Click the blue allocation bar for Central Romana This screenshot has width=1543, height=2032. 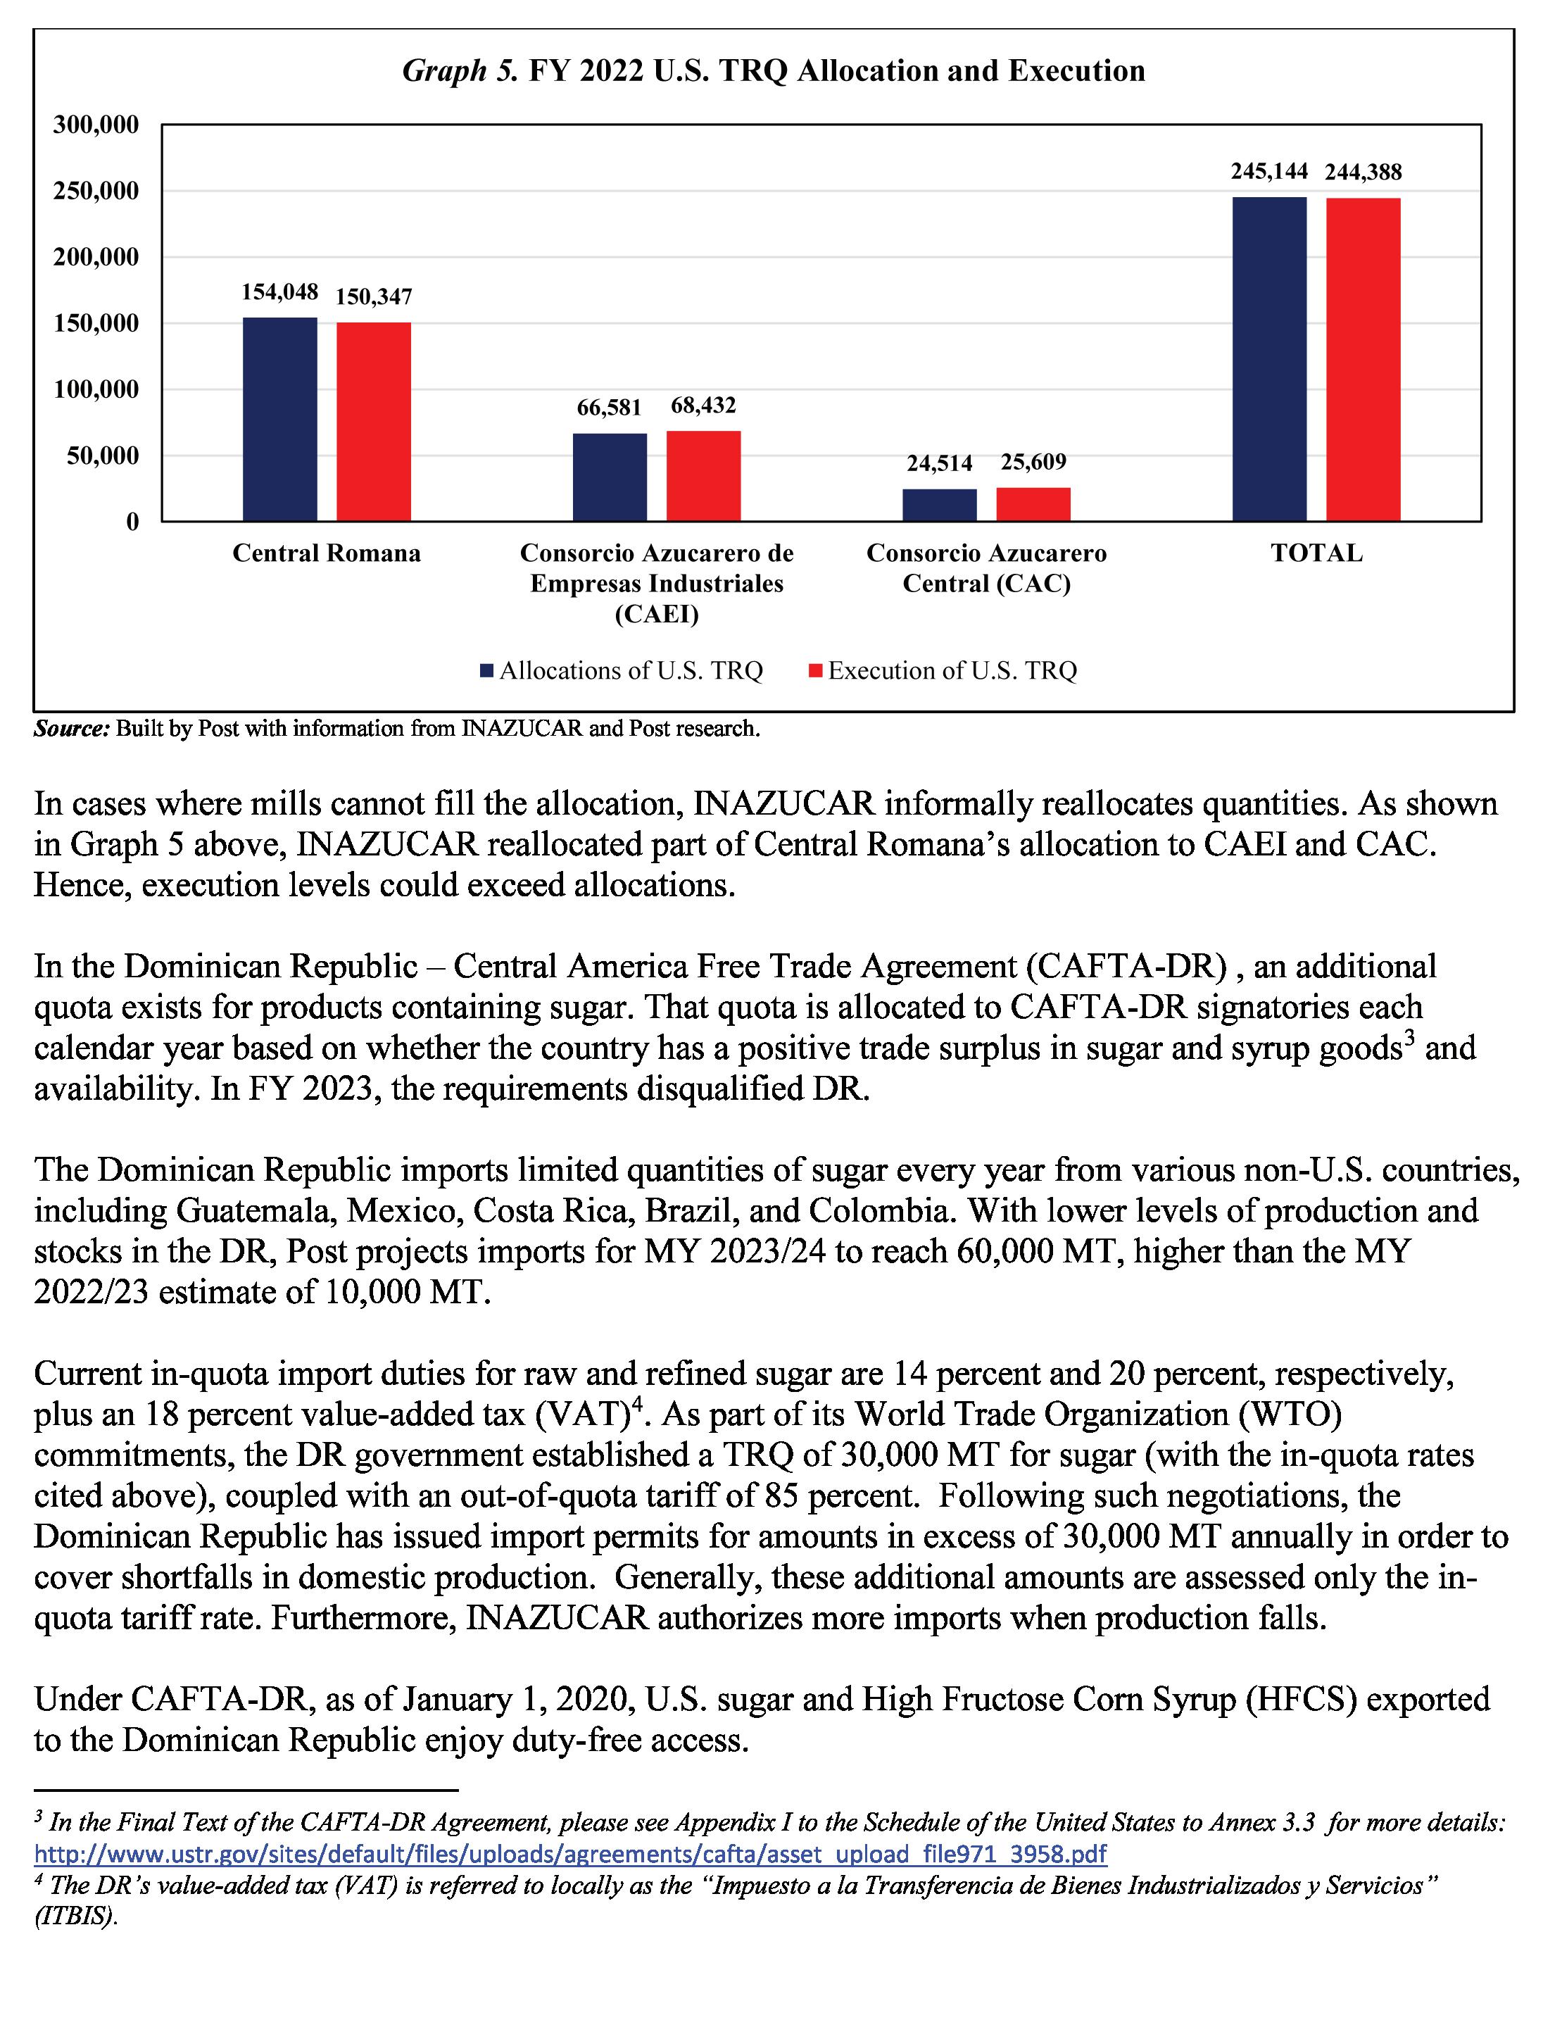279,419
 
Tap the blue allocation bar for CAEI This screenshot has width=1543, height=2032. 609,477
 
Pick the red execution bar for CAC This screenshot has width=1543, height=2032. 1033,504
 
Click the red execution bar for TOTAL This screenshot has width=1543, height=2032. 1363,359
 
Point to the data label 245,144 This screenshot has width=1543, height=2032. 1268,172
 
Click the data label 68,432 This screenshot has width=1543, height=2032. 703,405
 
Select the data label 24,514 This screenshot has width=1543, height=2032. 938,463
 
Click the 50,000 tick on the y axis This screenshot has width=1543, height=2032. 102,456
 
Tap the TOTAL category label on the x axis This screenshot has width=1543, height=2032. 1316,553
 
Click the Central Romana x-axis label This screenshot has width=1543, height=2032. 326,553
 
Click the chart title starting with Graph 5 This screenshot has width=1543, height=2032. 774,70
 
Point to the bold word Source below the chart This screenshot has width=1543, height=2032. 70,729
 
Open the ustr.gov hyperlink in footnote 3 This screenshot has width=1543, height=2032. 570,1853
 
